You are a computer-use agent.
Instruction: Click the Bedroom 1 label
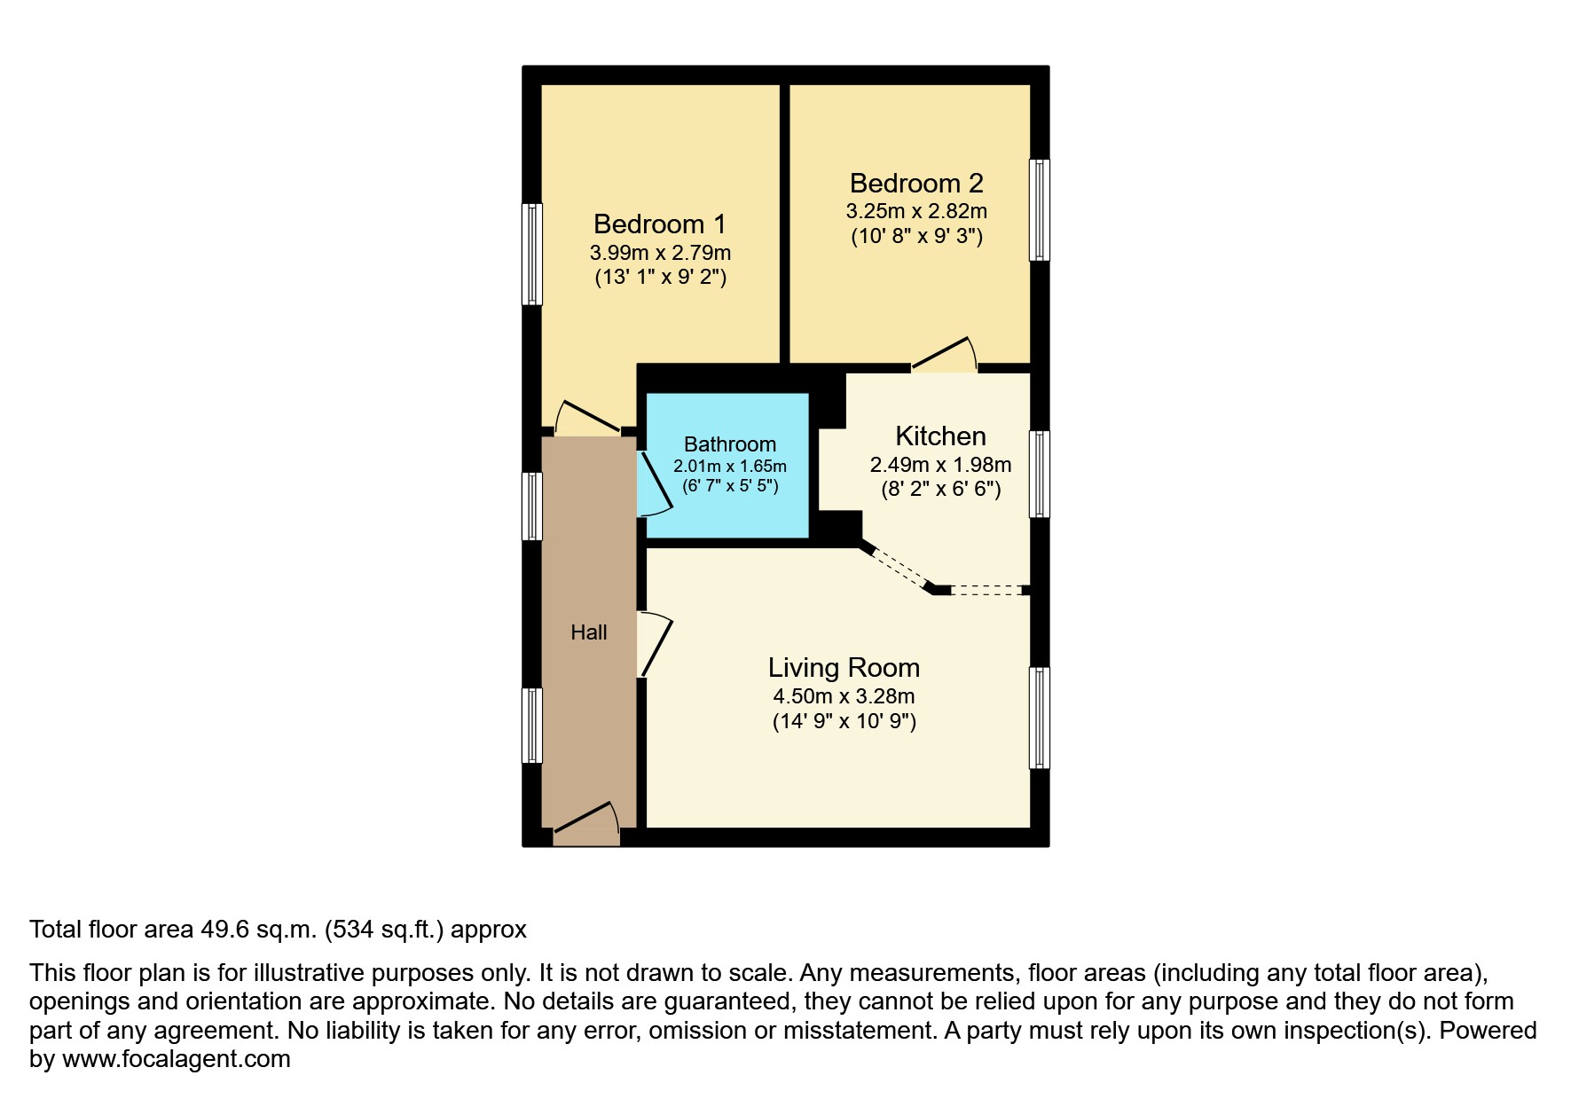pyautogui.click(x=659, y=224)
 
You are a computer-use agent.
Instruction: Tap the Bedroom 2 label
pyautogui.click(x=916, y=184)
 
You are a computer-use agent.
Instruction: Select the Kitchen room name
pyautogui.click(x=940, y=436)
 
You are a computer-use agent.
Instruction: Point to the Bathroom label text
pyautogui.click(x=729, y=444)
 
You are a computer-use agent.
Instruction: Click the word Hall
pyautogui.click(x=589, y=632)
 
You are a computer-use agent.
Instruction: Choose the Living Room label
pyautogui.click(x=844, y=668)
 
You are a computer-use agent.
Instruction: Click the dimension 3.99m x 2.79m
pyautogui.click(x=660, y=253)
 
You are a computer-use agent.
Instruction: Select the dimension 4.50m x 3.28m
pyautogui.click(x=844, y=696)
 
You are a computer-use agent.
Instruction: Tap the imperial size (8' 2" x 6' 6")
pyautogui.click(x=940, y=489)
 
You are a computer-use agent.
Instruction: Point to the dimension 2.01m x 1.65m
pyautogui.click(x=729, y=467)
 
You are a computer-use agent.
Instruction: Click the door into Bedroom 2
pyautogui.click(x=944, y=355)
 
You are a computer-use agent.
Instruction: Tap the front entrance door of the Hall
pyautogui.click(x=585, y=820)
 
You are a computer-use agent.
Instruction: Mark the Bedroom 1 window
pyautogui.click(x=531, y=255)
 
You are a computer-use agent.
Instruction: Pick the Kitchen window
pyautogui.click(x=1039, y=474)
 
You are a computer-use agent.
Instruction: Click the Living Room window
pyautogui.click(x=1039, y=718)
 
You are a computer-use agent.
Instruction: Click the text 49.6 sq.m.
pyautogui.click(x=258, y=930)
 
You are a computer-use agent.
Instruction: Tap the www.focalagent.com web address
pyautogui.click(x=176, y=1059)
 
